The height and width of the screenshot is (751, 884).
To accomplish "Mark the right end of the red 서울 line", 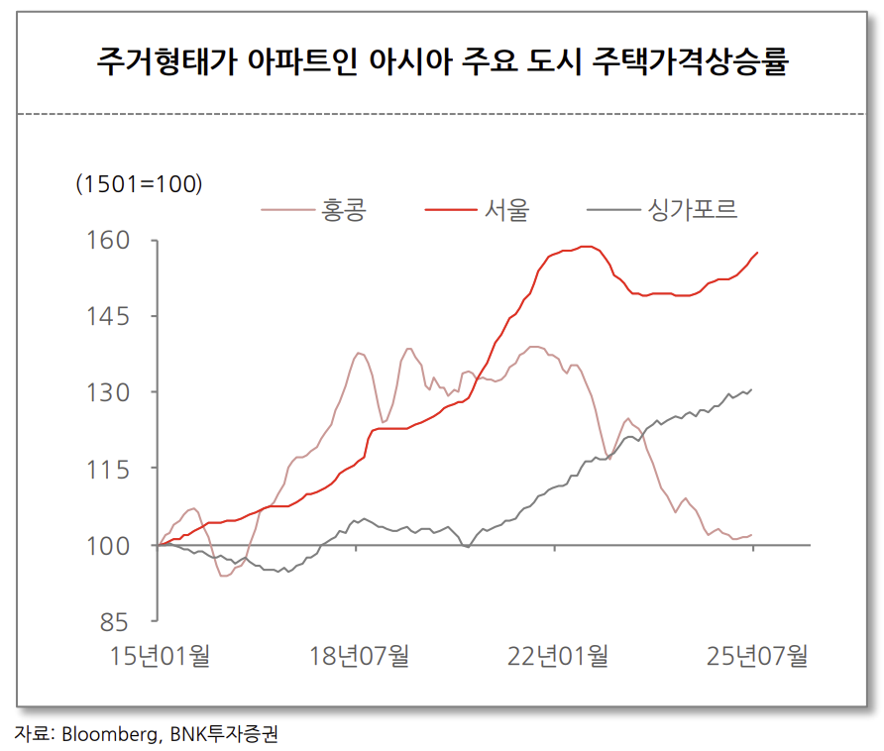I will [758, 253].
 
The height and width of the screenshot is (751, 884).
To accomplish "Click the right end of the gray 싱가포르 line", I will [751, 389].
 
